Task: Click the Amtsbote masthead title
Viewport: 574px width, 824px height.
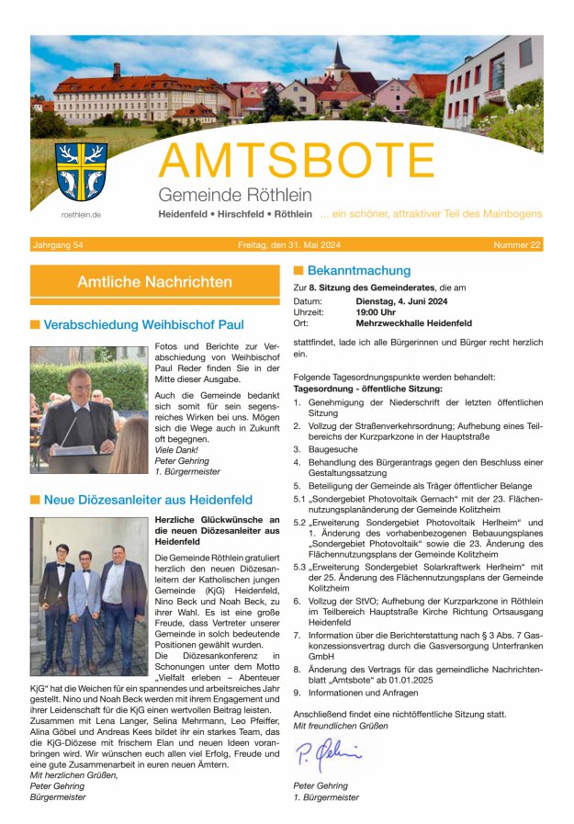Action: tap(297, 162)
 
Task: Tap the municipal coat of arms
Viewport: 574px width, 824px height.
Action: tap(81, 172)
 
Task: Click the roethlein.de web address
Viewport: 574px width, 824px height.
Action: tap(81, 214)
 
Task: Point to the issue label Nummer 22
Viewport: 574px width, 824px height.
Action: tap(517, 245)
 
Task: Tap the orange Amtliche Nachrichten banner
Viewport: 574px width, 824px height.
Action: tap(154, 282)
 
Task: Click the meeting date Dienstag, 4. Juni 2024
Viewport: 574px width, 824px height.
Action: tap(401, 301)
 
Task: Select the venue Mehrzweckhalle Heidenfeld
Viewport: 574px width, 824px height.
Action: tap(413, 323)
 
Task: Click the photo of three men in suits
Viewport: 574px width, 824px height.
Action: tap(88, 583)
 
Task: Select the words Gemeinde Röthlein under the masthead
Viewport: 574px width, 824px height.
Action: tap(234, 195)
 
